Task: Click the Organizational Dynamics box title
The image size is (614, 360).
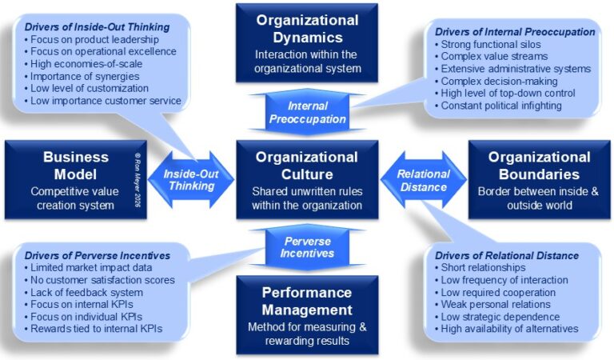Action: pos(307,29)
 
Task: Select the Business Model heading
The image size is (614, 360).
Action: pos(76,166)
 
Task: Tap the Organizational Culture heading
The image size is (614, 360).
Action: pos(307,166)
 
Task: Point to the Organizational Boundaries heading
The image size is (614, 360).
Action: pos(539,166)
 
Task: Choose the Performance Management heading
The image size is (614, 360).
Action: pos(307,302)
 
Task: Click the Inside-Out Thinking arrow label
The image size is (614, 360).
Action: pos(191,180)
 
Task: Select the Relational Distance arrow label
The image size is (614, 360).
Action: pos(423,181)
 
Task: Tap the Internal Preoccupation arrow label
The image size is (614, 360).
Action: pos(307,113)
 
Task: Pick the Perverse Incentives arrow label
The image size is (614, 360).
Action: pos(307,247)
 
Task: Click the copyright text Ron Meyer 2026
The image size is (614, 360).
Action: pos(138,179)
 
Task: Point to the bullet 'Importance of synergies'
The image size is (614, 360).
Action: pos(82,76)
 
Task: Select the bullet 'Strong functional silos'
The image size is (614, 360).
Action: pos(488,44)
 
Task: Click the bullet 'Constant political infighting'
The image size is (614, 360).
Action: pos(498,106)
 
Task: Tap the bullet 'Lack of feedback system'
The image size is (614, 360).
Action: pos(83,293)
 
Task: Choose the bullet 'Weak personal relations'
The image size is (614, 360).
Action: pos(492,304)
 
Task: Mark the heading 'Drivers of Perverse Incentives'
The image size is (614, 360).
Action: pos(97,256)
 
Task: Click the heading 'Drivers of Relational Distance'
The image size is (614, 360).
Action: pos(507,256)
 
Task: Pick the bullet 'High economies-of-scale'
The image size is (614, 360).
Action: pos(83,64)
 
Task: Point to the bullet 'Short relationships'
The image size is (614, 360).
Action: pos(480,267)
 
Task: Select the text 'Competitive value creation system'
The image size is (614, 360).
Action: pos(75,198)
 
